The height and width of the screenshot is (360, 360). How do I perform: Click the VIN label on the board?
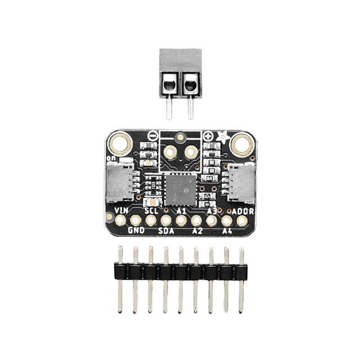[120, 210]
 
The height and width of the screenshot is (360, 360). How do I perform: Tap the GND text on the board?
[136, 231]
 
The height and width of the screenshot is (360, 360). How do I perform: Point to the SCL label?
[151, 210]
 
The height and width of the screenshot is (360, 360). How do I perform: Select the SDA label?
[165, 231]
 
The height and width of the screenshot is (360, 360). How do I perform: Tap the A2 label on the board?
[196, 231]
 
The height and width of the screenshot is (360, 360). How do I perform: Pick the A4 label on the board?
[227, 231]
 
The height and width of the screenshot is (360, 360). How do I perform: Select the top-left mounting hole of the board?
[118, 144]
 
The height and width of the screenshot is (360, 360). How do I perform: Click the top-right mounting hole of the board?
[242, 144]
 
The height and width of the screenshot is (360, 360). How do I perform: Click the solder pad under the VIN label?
[120, 220]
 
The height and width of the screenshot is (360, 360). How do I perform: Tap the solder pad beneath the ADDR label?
[241, 220]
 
